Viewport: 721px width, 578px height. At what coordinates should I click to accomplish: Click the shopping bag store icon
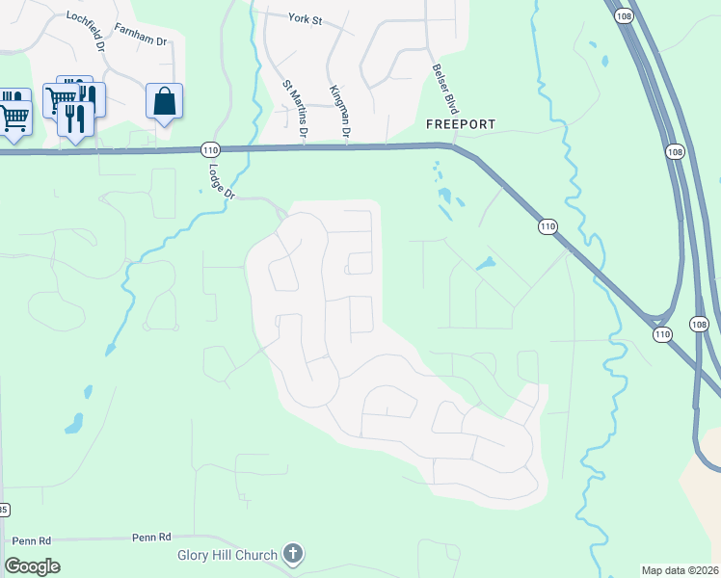[165, 100]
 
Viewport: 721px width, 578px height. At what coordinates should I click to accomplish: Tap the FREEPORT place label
[461, 125]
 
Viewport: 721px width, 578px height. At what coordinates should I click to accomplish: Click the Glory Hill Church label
[227, 555]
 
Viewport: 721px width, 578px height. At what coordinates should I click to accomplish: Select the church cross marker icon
[294, 554]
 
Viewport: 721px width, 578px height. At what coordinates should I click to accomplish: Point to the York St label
[305, 17]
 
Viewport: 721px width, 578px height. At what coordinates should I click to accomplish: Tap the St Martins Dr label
[293, 111]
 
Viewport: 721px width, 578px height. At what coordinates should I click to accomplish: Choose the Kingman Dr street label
[338, 110]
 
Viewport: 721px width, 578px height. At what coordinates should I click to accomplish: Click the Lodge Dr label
[222, 180]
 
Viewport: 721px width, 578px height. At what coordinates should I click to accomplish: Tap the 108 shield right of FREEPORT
[675, 152]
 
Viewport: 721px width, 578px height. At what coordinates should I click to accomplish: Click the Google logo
[32, 565]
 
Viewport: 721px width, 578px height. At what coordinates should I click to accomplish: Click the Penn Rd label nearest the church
[151, 537]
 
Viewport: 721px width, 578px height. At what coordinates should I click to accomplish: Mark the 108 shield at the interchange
[700, 325]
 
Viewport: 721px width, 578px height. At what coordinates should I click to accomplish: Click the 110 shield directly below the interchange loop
[661, 334]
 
